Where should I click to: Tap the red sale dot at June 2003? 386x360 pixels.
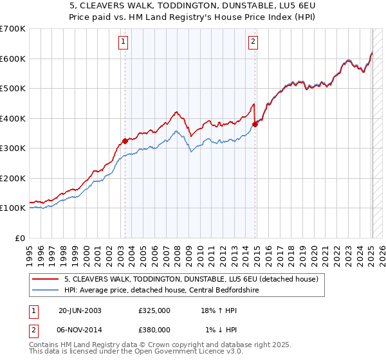point(125,141)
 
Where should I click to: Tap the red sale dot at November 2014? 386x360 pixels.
point(255,124)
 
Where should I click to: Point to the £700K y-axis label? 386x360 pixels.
point(12,29)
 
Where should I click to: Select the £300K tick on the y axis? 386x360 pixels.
point(12,148)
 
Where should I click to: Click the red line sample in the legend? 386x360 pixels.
point(45,279)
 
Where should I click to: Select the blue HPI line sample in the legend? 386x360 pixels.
point(45,290)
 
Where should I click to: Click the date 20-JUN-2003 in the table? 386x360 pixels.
point(80,310)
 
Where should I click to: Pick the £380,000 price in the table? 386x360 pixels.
point(154,329)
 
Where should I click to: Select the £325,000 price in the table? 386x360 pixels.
point(154,310)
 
